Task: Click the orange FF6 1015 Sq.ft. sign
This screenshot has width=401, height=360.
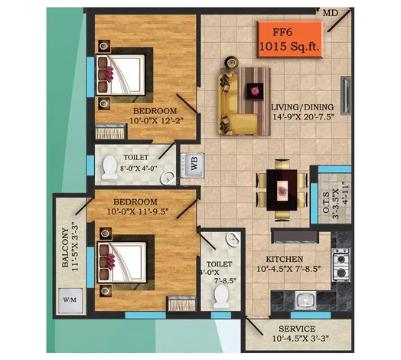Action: tap(290, 39)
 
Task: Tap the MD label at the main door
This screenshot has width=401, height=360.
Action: tap(331, 13)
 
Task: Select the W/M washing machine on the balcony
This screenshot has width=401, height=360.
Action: tap(70, 300)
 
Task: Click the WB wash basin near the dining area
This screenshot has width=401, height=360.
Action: tap(192, 165)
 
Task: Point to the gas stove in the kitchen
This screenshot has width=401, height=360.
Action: tap(341, 265)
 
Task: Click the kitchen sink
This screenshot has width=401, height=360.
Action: tap(305, 300)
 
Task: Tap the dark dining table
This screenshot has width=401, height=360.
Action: tap(282, 190)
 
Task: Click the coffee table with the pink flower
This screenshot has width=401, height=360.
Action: tap(255, 91)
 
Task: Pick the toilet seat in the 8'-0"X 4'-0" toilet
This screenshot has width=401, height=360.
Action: tap(109, 167)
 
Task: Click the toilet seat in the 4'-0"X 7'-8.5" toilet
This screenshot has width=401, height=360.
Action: tap(221, 296)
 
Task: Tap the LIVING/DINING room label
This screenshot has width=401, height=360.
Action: tap(302, 107)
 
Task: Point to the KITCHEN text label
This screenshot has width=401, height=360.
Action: tap(285, 259)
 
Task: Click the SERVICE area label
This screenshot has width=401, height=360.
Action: tap(297, 329)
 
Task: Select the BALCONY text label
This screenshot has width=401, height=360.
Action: tap(66, 247)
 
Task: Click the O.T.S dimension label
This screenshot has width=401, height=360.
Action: tap(335, 201)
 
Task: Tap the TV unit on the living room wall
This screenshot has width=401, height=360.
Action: tap(345, 96)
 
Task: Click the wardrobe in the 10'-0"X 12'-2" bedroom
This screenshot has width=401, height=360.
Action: tap(110, 132)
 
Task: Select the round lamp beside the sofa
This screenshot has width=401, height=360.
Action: tap(231, 62)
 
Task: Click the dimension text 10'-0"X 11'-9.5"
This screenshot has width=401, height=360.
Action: tap(138, 211)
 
